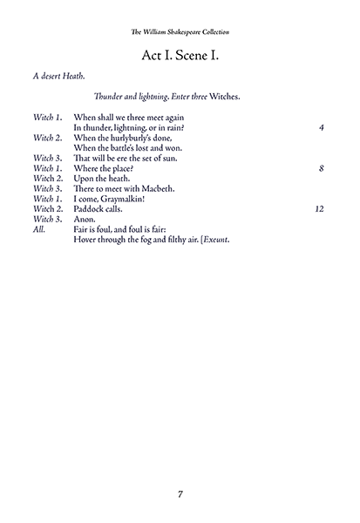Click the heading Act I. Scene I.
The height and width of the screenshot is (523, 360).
point(180,56)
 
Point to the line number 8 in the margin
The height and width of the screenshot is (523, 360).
point(323,168)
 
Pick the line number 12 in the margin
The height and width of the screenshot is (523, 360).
point(320,210)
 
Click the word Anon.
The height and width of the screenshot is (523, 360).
point(86,221)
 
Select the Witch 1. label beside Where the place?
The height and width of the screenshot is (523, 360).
point(47,168)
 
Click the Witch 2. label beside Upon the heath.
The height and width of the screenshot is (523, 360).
point(47,179)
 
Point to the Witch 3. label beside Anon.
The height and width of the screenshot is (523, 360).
point(47,221)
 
